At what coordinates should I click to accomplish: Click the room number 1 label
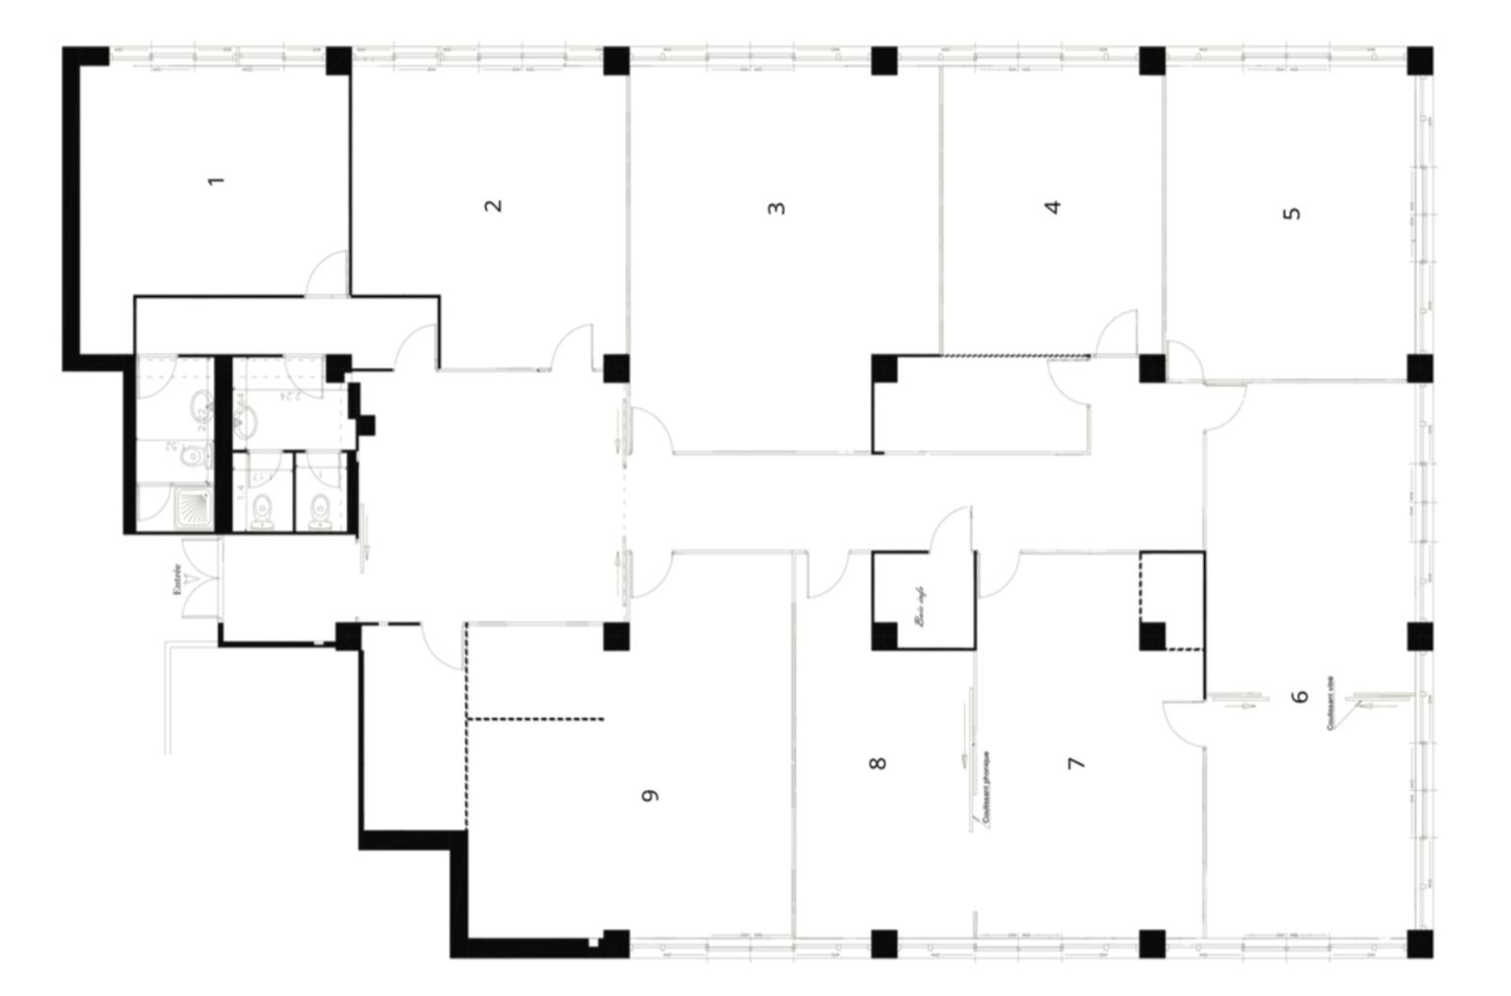(x=217, y=180)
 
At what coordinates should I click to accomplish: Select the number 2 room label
(x=494, y=205)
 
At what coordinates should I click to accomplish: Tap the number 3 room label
(x=777, y=208)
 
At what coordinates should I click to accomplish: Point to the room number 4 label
(x=1054, y=207)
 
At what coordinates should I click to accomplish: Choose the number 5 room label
(x=1294, y=212)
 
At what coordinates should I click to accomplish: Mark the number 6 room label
(x=1300, y=696)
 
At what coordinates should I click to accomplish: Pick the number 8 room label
(x=878, y=762)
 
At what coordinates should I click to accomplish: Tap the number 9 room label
(x=649, y=795)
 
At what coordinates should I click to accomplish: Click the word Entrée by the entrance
(x=176, y=579)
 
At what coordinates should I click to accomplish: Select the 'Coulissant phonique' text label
(x=986, y=787)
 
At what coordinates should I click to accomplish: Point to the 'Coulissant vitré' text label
(x=1330, y=703)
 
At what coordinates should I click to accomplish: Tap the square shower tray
(x=187, y=507)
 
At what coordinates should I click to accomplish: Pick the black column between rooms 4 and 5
(x=1152, y=61)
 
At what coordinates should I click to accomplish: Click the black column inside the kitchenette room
(x=884, y=636)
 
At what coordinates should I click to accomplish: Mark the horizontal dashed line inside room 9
(x=536, y=719)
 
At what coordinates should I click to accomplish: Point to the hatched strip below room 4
(x=1014, y=355)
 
